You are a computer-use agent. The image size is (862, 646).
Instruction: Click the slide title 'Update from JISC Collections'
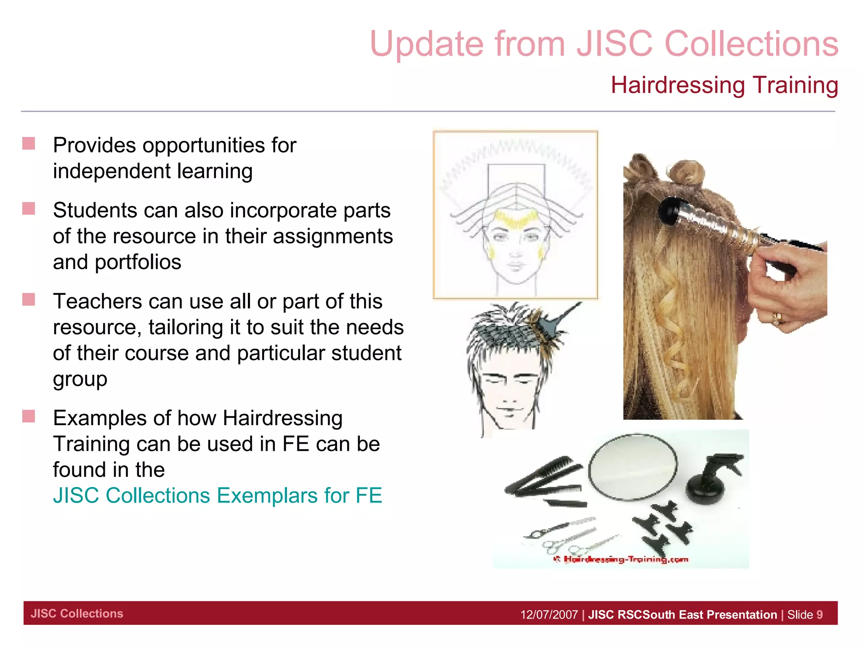click(604, 44)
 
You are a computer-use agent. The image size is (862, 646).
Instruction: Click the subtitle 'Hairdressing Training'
click(724, 85)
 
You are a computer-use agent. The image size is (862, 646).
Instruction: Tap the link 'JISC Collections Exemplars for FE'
click(217, 495)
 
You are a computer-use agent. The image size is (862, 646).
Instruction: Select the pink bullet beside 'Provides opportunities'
click(29, 144)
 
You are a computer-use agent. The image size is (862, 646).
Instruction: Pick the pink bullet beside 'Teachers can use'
click(29, 299)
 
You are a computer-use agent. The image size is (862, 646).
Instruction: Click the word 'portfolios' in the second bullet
click(138, 262)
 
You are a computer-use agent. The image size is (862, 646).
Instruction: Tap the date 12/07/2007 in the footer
click(549, 615)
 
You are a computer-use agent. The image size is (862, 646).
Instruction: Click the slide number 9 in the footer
click(819, 615)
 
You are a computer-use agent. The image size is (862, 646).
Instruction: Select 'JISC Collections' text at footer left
click(77, 614)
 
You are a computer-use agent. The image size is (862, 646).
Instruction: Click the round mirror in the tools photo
click(633, 467)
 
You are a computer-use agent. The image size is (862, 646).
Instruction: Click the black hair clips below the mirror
click(665, 526)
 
